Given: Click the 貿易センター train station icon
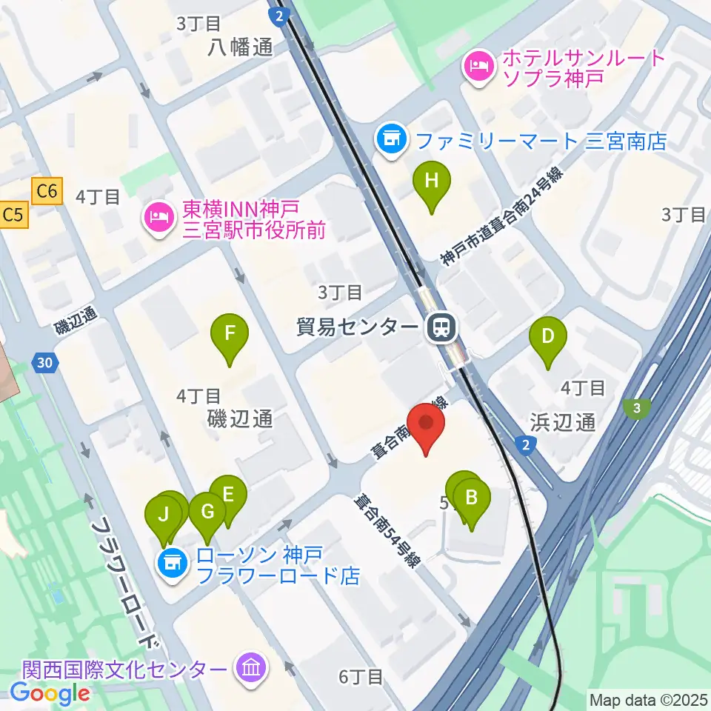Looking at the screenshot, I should pyautogui.click(x=442, y=326).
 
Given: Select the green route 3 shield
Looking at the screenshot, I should pyautogui.click(x=636, y=407).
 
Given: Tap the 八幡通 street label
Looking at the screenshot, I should pyautogui.click(x=241, y=47).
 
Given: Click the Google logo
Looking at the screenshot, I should pyautogui.click(x=50, y=692).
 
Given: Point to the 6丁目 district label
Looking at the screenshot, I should pyautogui.click(x=361, y=676).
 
